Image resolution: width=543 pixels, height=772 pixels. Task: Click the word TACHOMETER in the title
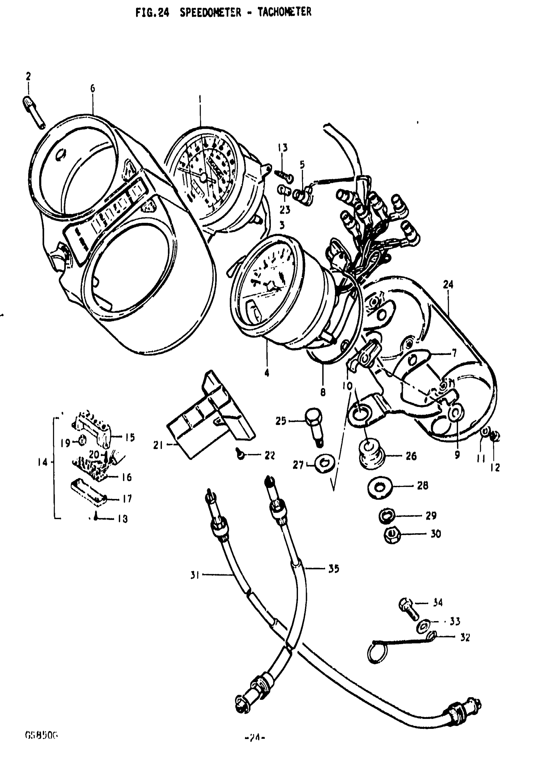coord(284,12)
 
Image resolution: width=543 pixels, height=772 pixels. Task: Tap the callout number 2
coord(28,77)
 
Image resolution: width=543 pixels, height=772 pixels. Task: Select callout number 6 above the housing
coord(93,89)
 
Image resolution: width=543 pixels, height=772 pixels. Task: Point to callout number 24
coord(448,285)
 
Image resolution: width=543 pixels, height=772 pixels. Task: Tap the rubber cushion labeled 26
coord(371,454)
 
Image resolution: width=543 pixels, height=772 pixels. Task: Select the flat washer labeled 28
coord(379,487)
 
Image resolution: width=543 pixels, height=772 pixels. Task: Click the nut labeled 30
coord(391,534)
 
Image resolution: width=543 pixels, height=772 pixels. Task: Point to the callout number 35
coord(334,569)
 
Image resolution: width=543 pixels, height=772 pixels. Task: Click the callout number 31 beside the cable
coord(195,575)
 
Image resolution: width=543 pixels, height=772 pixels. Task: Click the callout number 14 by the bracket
coord(43,463)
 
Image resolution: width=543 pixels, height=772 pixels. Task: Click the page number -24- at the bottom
coord(255,738)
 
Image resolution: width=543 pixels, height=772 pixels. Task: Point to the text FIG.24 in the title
coord(152,13)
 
